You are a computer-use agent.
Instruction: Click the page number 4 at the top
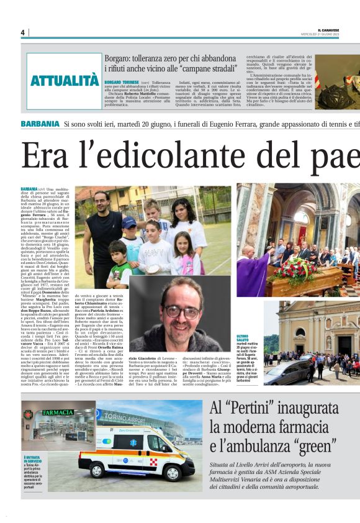(22, 32)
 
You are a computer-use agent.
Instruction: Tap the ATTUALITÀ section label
(65, 81)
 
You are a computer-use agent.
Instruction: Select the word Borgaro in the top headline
(119, 58)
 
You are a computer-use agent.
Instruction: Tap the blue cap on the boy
(128, 222)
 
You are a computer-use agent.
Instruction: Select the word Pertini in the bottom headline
(263, 409)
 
